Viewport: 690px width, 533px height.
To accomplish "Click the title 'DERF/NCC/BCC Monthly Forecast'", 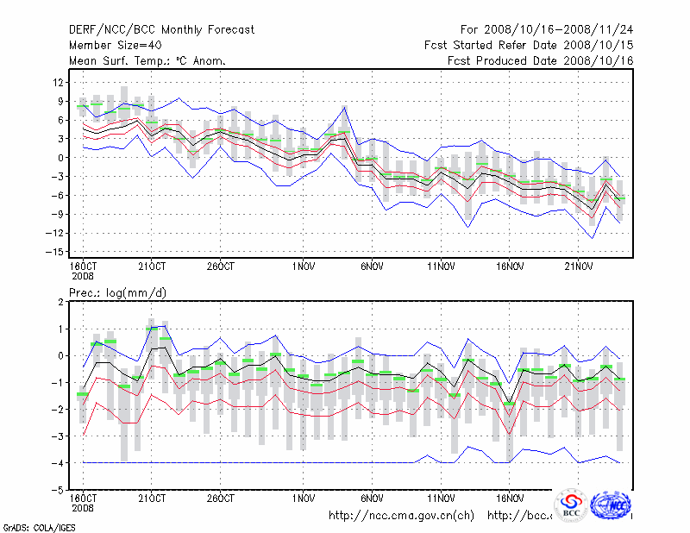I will click(x=161, y=30).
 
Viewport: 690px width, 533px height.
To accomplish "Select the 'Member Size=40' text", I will click(x=114, y=46).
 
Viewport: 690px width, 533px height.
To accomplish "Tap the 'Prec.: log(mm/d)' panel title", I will click(x=118, y=293).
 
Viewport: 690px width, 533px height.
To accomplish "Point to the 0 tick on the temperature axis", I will click(x=61, y=158).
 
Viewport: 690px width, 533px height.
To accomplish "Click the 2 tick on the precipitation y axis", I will click(x=61, y=302).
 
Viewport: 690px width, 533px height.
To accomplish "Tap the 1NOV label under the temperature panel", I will click(x=303, y=266).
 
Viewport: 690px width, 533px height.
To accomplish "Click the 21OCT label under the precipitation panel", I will click(x=152, y=499).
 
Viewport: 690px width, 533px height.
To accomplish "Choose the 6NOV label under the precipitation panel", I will click(x=372, y=499).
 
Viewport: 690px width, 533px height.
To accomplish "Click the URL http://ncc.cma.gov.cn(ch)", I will click(x=402, y=516).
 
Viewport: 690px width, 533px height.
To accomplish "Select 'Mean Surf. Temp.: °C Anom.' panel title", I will click(x=147, y=61).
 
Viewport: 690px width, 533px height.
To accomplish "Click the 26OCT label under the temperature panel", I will click(x=220, y=266).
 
